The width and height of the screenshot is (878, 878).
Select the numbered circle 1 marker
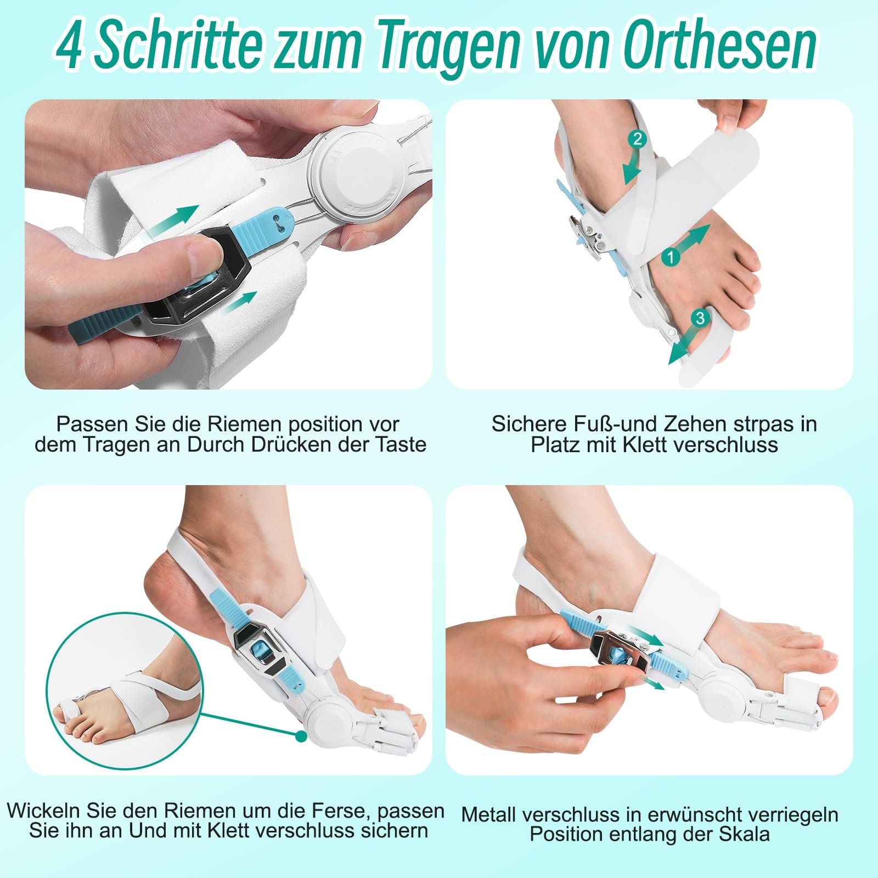[x=671, y=256]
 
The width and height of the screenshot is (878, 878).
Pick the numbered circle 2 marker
[x=637, y=139]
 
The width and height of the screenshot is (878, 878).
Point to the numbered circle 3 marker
[x=699, y=318]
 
